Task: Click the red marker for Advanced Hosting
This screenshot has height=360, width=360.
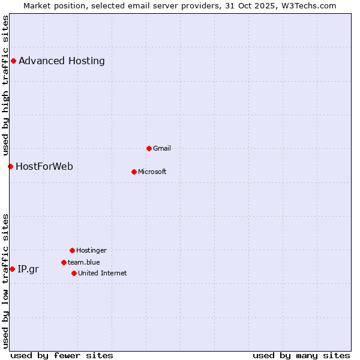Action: [13, 61]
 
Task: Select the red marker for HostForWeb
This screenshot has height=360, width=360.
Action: [10, 166]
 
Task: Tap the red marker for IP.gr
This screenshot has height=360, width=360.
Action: [12, 269]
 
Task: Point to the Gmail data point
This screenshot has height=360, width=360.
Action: [149, 148]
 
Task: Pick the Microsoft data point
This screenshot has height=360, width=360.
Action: [134, 172]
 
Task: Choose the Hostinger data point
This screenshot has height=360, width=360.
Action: [72, 250]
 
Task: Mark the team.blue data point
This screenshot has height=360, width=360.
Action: [64, 262]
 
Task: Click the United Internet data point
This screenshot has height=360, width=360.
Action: [74, 273]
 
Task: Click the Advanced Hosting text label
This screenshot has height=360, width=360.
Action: [62, 61]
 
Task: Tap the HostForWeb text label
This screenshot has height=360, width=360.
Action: [44, 166]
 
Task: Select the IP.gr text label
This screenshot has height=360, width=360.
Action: [28, 269]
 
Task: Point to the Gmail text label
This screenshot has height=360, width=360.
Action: [162, 148]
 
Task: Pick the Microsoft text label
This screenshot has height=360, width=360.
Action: [152, 172]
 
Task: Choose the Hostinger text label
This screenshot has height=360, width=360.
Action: [91, 250]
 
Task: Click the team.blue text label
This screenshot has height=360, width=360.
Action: [84, 262]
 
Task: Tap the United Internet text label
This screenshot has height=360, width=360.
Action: [103, 273]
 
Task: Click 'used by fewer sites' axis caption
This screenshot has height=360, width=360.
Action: [62, 355]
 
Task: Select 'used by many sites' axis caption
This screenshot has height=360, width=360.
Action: [301, 355]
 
